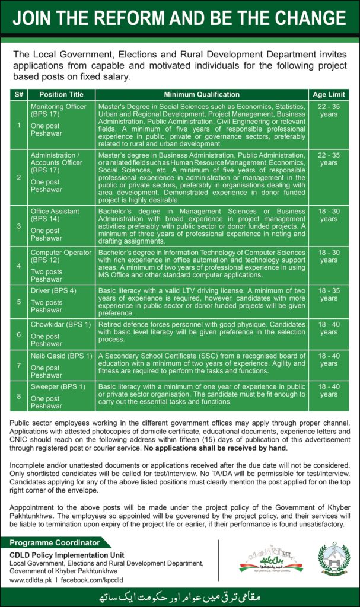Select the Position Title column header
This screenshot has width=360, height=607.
click(61, 94)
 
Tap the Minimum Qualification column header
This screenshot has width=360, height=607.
click(201, 94)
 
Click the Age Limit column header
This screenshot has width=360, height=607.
click(328, 94)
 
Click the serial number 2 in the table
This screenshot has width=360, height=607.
click(18, 177)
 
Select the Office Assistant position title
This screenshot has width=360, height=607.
click(55, 212)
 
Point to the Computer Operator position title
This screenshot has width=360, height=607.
click(60, 253)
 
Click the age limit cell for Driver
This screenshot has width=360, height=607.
click(328, 295)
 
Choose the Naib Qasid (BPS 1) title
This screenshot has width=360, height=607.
click(62, 356)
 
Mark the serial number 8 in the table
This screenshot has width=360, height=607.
click(18, 395)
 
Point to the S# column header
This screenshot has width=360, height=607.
click(18, 94)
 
